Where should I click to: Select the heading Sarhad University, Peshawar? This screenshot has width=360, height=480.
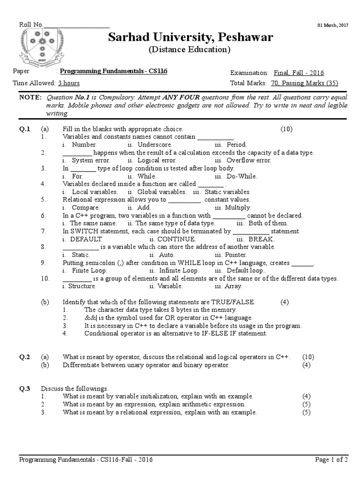click(x=191, y=37)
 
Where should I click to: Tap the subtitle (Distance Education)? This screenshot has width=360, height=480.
click(x=190, y=50)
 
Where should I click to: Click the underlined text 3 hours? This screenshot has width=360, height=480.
click(x=68, y=83)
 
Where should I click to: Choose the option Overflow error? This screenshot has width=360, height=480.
click(x=248, y=160)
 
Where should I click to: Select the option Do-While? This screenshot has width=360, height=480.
click(x=242, y=176)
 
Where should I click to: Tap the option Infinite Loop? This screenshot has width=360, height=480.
click(x=179, y=270)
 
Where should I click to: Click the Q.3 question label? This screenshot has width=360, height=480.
click(x=25, y=389)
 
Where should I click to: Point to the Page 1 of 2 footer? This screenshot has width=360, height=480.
click(x=331, y=460)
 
